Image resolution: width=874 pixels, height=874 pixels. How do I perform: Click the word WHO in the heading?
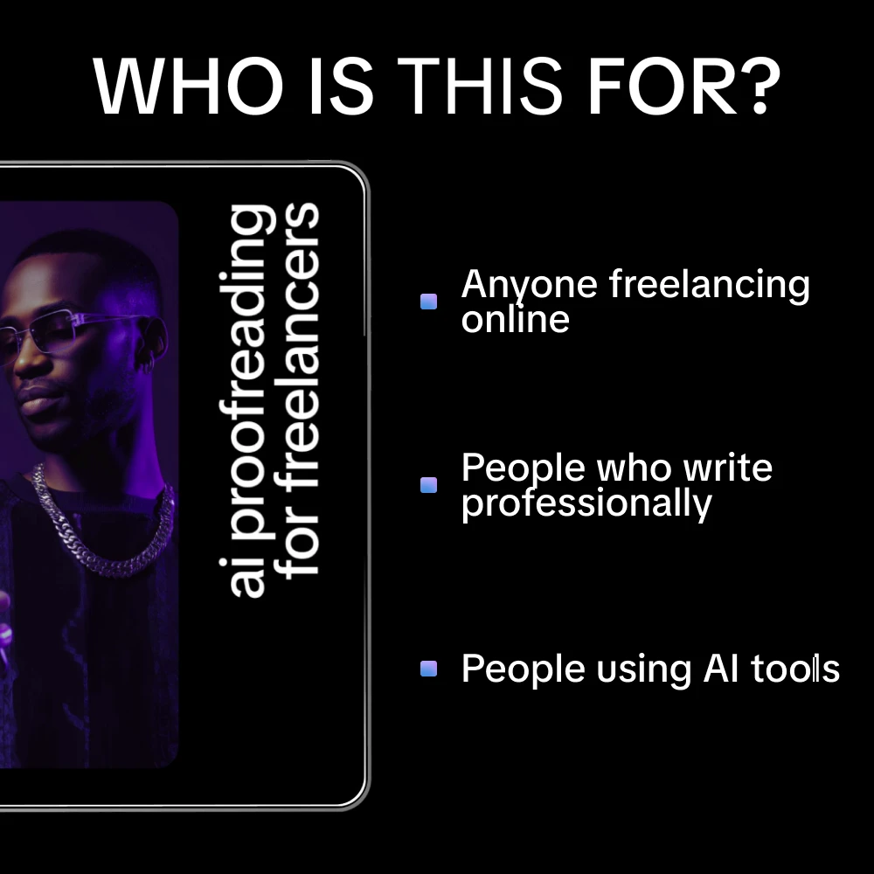(189, 87)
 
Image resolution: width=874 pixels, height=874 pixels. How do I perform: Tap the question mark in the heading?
(762, 86)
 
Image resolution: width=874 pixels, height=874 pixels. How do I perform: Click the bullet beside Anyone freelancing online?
(428, 302)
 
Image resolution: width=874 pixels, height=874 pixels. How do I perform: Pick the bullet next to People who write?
(428, 485)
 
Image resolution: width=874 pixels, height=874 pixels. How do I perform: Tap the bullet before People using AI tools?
(428, 669)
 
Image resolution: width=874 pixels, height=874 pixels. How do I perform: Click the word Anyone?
(529, 286)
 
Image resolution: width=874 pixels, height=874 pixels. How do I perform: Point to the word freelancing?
(709, 286)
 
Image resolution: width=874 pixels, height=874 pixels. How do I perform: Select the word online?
(515, 319)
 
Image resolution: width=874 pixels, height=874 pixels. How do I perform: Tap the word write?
(728, 468)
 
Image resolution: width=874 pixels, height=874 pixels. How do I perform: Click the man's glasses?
(84, 333)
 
